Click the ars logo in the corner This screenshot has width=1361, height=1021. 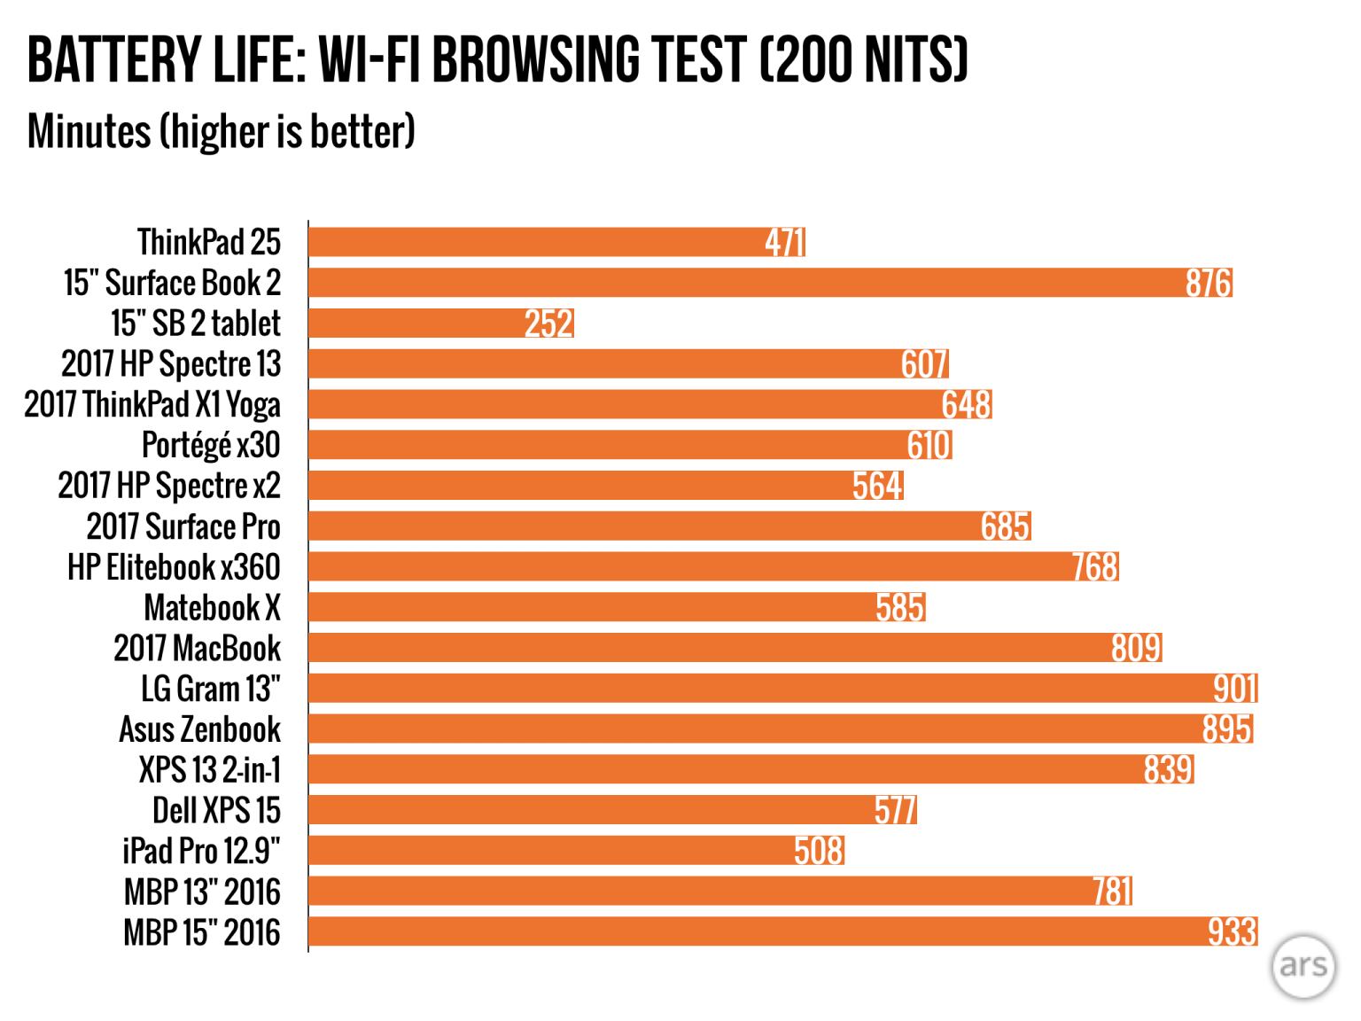pyautogui.click(x=1303, y=966)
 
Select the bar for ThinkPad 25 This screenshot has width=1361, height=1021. pyautogui.click(x=556, y=242)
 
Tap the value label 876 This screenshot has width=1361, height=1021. pyautogui.click(x=1209, y=283)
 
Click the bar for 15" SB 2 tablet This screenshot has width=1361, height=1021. pyautogui.click(x=441, y=323)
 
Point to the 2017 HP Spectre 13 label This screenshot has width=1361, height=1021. pyautogui.click(x=171, y=364)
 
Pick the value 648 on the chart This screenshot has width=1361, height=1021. pyautogui.click(x=966, y=405)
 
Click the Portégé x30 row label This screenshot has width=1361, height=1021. pyautogui.click(x=211, y=445)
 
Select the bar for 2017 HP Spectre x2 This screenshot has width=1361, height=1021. pyautogui.click(x=605, y=486)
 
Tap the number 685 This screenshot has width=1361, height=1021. pyautogui.click(x=1005, y=526)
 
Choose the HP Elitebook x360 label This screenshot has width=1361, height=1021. pyautogui.click(x=174, y=567)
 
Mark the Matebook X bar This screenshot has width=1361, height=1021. pyautogui.click(x=617, y=608)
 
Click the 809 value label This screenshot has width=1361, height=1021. pyautogui.click(x=1136, y=649)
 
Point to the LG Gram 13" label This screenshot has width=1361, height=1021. pyautogui.click(x=211, y=689)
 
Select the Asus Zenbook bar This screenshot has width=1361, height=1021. pyautogui.click(x=780, y=729)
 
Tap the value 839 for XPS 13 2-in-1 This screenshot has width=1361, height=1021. pyautogui.click(x=1168, y=770)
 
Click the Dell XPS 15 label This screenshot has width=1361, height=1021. pyautogui.click(x=216, y=811)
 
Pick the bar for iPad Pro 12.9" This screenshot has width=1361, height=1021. pyautogui.click(x=576, y=852)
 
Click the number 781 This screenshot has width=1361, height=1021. pyautogui.click(x=1112, y=892)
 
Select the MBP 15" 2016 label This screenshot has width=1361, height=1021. pyautogui.click(x=202, y=932)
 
